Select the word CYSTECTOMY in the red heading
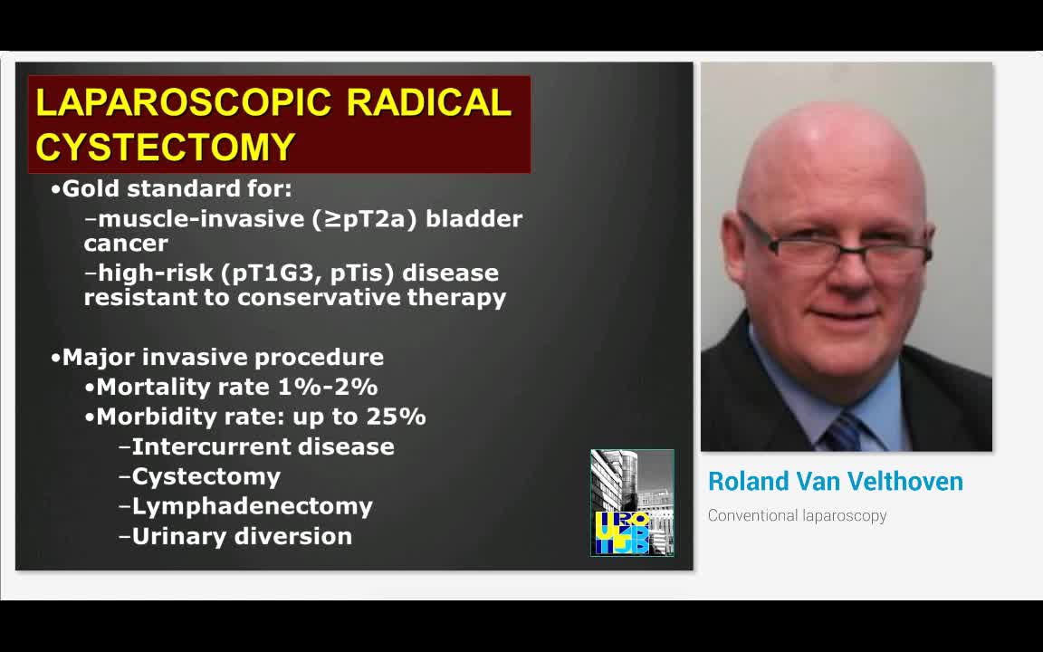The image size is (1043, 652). tap(166, 147)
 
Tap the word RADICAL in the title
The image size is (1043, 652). tap(428, 102)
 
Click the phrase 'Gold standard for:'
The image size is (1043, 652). tap(177, 189)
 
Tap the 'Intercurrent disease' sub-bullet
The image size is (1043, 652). tap(263, 446)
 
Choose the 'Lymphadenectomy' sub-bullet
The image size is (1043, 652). tap(252, 506)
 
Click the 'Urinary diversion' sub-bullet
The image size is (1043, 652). tap(242, 536)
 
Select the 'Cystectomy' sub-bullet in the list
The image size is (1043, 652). tap(206, 476)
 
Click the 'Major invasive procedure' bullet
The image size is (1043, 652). tap(223, 357)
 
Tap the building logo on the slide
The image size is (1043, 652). tap(632, 502)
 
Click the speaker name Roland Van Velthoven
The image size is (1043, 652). tap(835, 482)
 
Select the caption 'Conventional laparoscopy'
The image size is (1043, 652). tap(797, 516)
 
